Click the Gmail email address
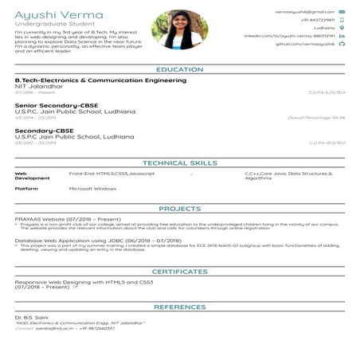point(304,13)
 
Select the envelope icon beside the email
point(342,13)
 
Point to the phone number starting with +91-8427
point(318,21)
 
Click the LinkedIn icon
point(342,37)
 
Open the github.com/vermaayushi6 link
point(304,45)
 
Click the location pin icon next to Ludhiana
point(342,29)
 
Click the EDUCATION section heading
point(179,70)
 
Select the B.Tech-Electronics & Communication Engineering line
point(100,80)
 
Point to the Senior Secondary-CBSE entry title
point(52,105)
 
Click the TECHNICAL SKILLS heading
point(179,162)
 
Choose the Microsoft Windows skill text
point(93,189)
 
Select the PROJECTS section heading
point(179,209)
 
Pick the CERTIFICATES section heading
point(179,272)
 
